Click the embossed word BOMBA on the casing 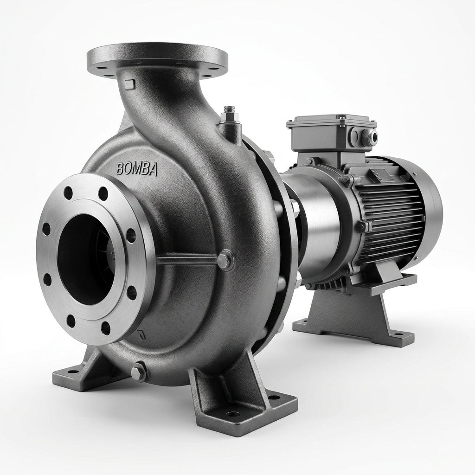[x=137, y=169]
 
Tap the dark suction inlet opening [x=87, y=259]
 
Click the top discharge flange [x=157, y=60]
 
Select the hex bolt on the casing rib [x=225, y=260]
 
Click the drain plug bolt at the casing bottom [x=138, y=372]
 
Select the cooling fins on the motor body [x=391, y=206]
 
